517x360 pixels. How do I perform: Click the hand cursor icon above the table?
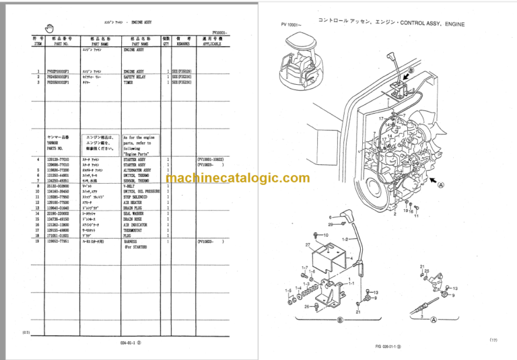click(x=48, y=27)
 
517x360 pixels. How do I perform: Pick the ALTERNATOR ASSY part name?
click(x=137, y=170)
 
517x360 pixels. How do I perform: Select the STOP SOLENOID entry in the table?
click(x=137, y=196)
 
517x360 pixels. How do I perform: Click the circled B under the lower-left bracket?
click(x=340, y=320)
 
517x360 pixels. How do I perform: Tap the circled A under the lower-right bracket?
click(x=432, y=320)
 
